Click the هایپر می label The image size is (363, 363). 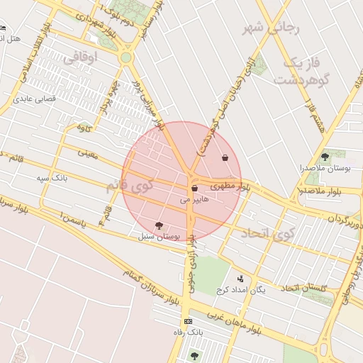coord(194,201)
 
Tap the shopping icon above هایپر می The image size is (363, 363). coord(194,189)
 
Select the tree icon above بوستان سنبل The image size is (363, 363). coord(158,225)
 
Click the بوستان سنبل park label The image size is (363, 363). coord(160,235)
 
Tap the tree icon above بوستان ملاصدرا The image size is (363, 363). coord(325,157)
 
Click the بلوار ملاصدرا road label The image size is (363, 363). coord(323,191)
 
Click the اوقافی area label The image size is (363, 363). coord(79,59)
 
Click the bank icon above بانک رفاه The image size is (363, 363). coord(188,321)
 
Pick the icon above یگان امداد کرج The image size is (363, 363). coord(240,279)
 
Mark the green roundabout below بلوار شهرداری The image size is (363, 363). coord(126,57)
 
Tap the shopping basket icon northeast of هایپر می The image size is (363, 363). coord(225,158)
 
